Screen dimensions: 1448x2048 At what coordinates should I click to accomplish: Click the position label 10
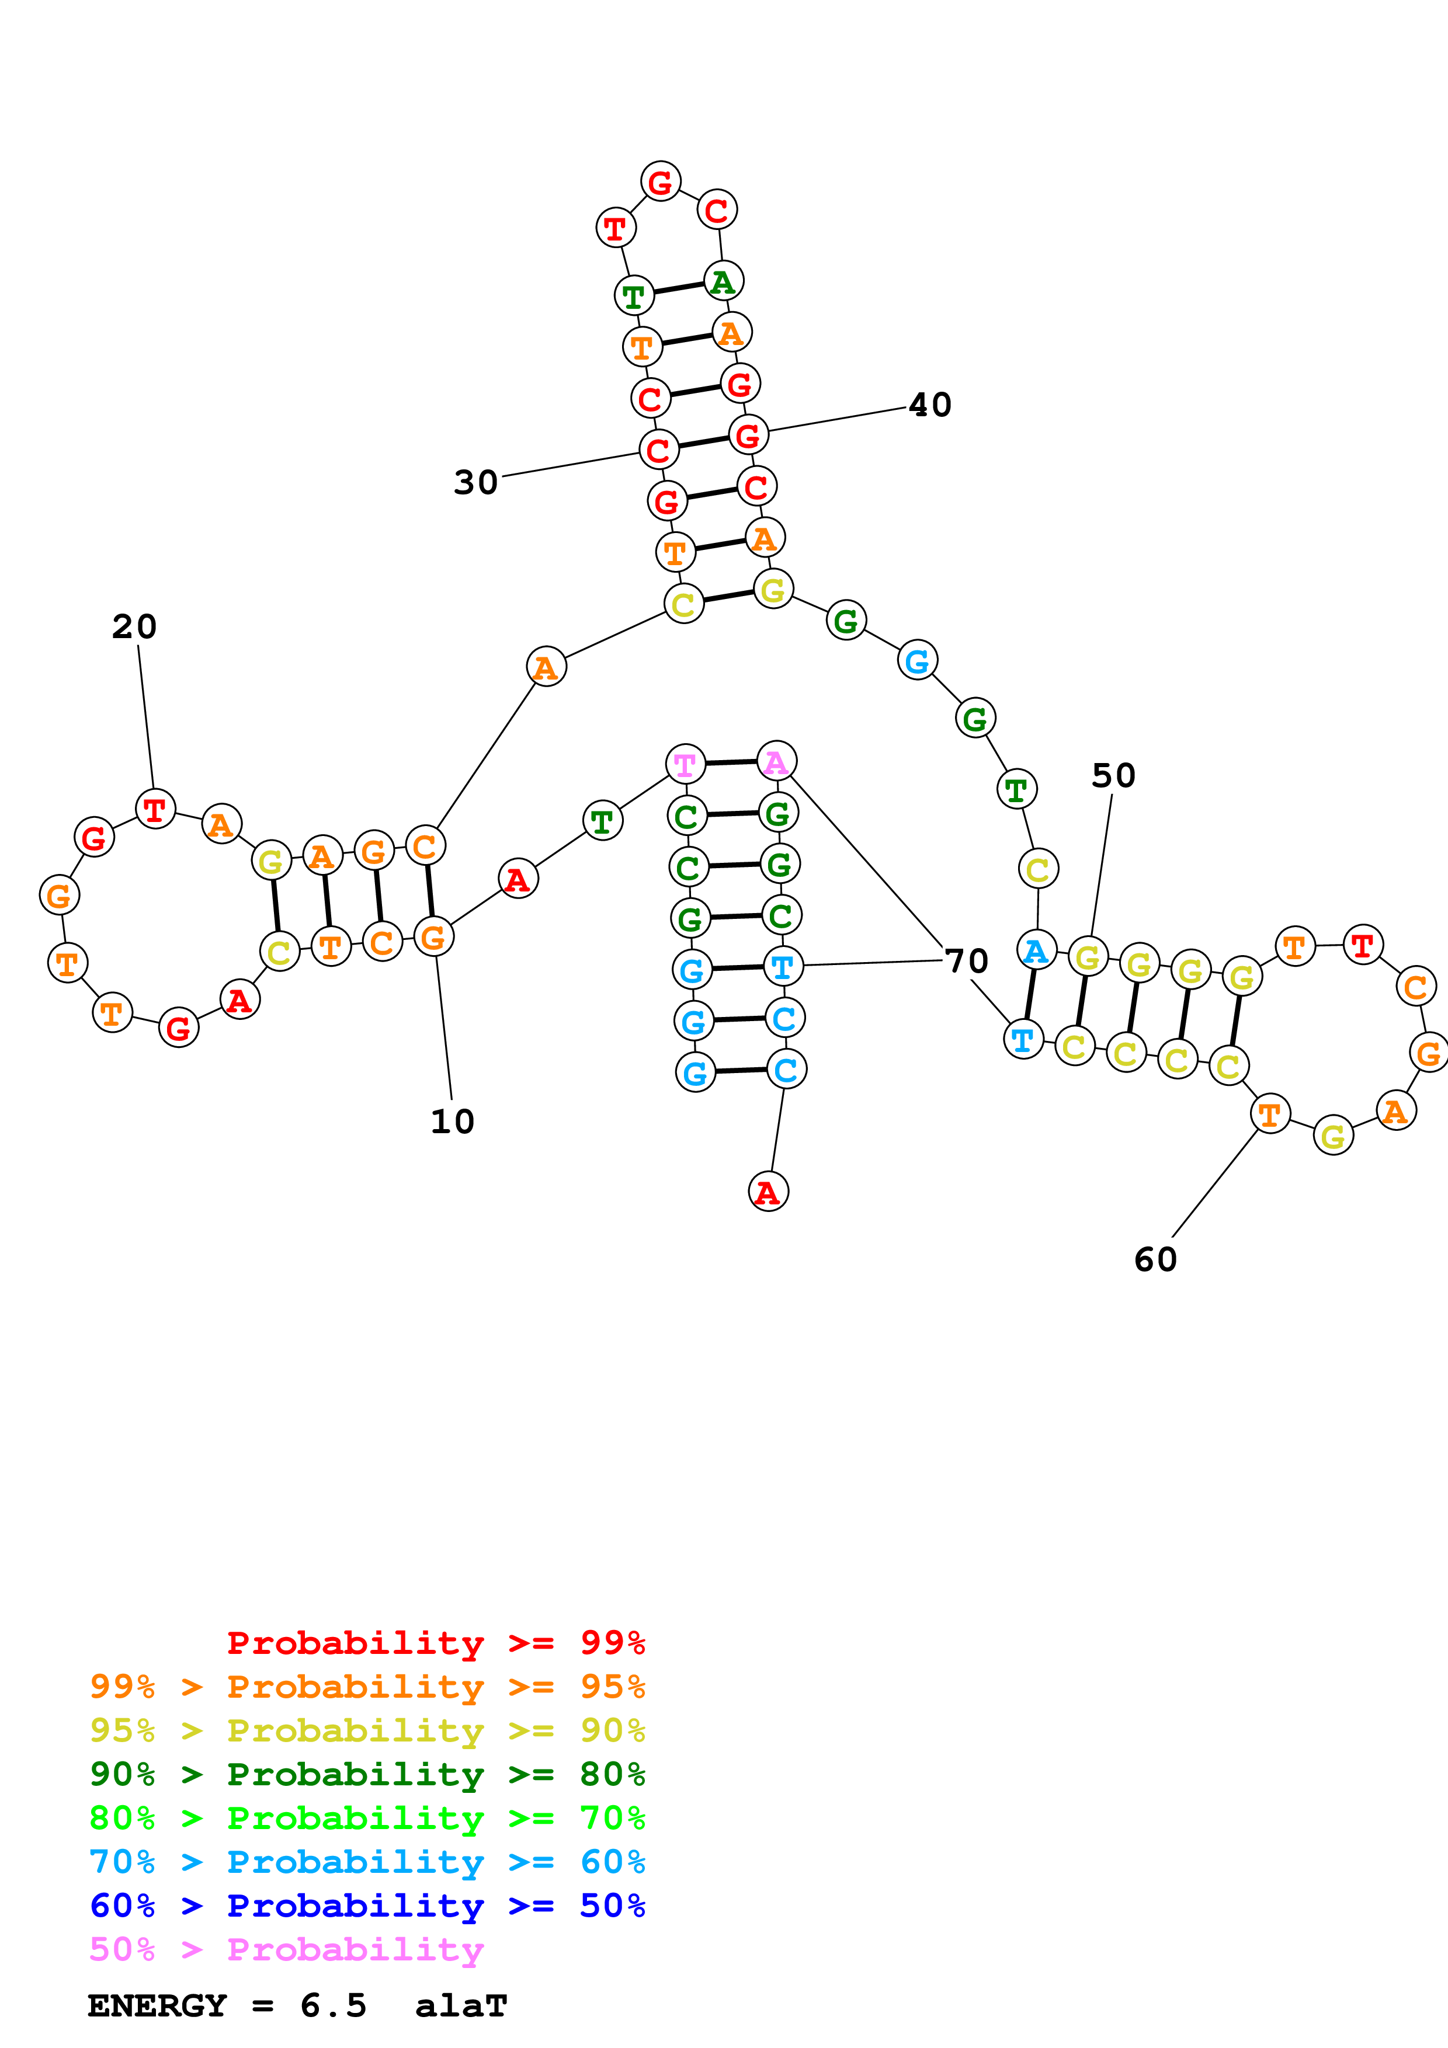452,1121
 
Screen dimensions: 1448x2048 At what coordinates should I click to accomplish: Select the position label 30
475,483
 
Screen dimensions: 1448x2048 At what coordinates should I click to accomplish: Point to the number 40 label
930,405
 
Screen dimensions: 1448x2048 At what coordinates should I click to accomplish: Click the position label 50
1113,775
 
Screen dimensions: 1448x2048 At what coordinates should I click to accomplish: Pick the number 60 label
1155,1259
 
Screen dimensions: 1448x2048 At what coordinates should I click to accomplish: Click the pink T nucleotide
685,764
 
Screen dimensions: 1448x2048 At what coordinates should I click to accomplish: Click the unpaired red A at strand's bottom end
768,1192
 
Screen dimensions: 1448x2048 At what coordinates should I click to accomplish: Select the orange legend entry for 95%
367,1686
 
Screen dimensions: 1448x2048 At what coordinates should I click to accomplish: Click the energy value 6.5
333,2005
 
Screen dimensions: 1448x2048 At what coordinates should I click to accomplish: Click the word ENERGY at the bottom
157,2005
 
